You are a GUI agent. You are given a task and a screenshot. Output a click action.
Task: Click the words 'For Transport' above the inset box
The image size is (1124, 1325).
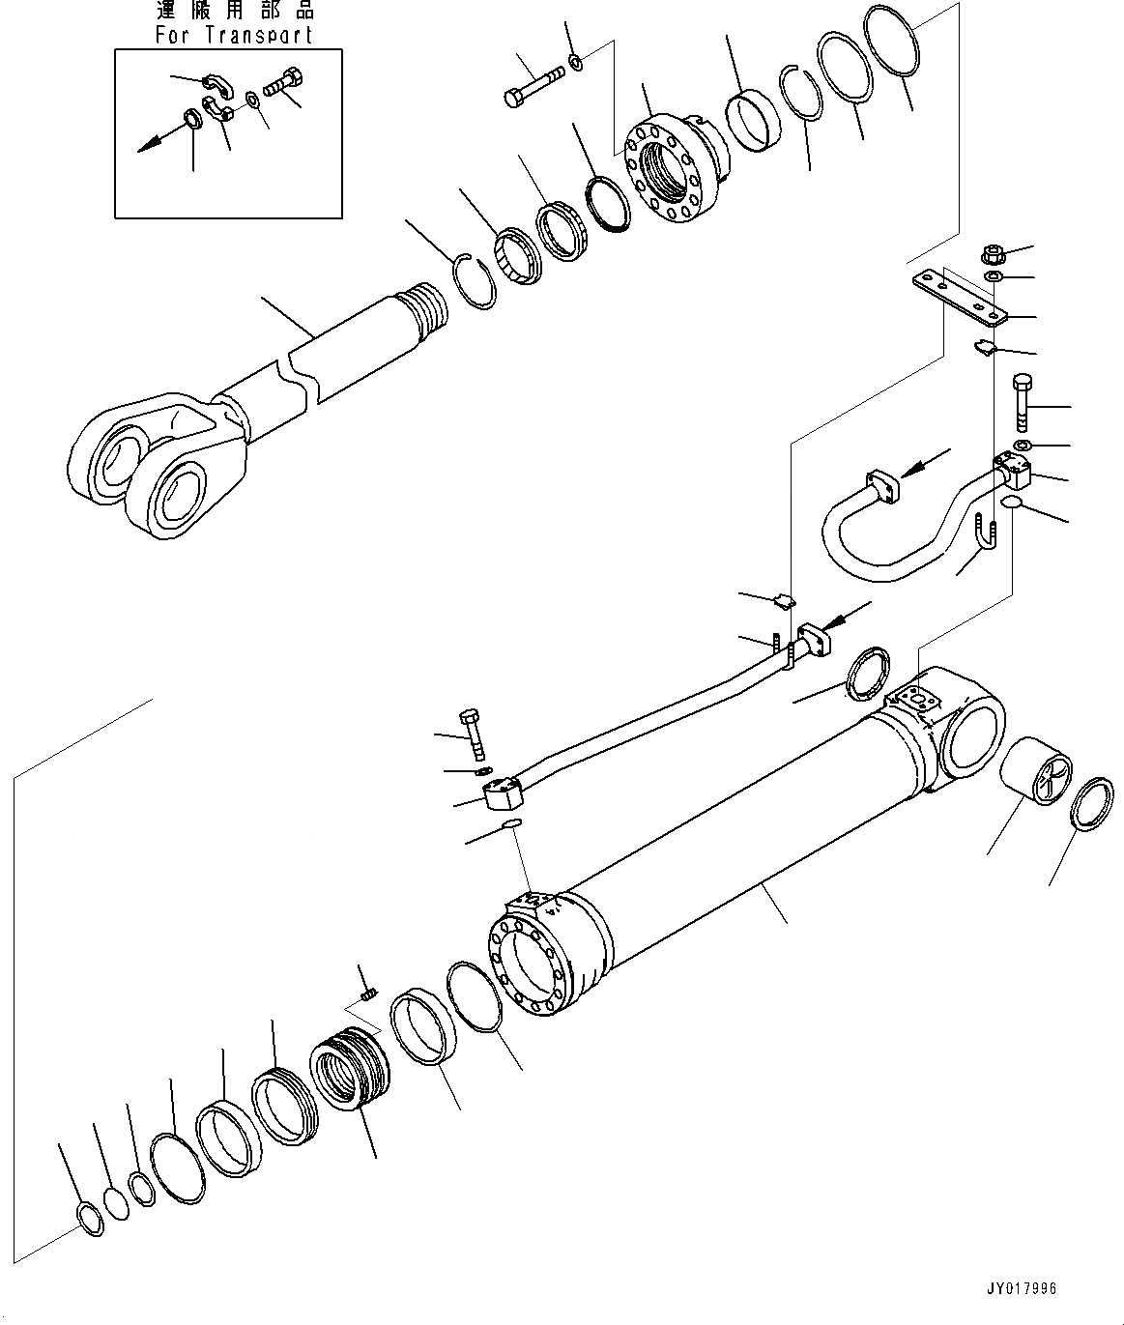click(x=234, y=35)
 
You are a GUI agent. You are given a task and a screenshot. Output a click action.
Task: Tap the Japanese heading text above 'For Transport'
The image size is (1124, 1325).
click(x=234, y=13)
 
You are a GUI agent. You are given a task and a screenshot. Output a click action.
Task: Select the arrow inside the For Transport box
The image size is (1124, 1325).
click(x=155, y=141)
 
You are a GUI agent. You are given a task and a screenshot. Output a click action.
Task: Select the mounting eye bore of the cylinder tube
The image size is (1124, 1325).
click(x=971, y=740)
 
